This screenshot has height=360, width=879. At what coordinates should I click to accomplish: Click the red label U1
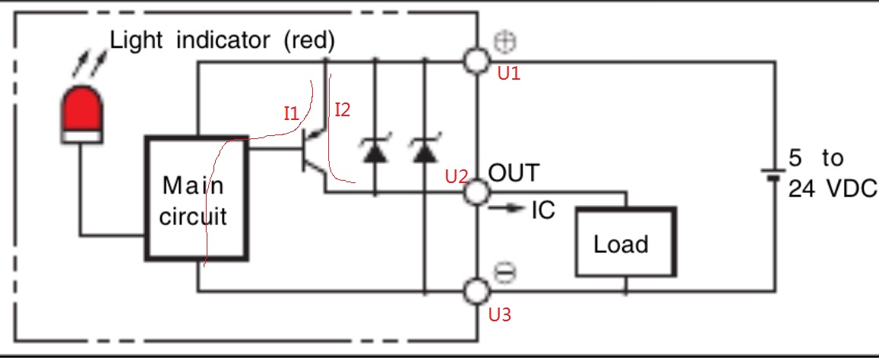(509, 74)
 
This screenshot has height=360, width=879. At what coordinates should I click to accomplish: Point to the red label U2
(457, 177)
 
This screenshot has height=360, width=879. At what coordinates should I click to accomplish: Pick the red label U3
(499, 314)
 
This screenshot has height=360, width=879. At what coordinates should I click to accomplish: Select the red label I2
(342, 110)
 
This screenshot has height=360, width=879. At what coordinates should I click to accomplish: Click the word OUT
(514, 173)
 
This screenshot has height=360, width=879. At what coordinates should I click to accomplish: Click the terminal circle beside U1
(476, 62)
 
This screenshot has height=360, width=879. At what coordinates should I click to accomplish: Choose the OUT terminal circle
(476, 192)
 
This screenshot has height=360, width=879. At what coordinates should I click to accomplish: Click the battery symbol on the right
(773, 175)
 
